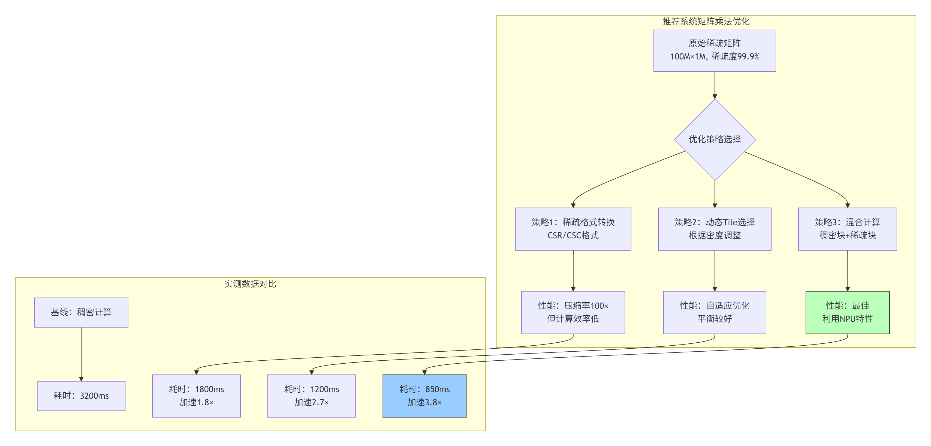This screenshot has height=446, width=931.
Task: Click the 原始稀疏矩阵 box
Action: coord(715,50)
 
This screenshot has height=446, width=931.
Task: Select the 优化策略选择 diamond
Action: coord(715,139)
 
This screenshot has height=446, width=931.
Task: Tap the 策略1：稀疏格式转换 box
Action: coord(573,229)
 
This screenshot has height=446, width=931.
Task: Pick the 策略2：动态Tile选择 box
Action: coord(715,229)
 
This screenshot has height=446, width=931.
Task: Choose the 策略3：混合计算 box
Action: coord(847,229)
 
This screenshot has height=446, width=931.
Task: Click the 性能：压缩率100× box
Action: coord(573,312)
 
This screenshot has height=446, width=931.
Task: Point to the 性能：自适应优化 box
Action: coord(715,312)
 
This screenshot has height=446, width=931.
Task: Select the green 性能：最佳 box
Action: coord(847,312)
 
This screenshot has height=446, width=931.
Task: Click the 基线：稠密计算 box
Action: coord(81,312)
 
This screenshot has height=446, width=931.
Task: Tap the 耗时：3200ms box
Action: coord(81,396)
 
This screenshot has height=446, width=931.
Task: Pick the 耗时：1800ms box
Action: coord(196,396)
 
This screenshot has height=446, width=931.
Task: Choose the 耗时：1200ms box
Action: coord(311,396)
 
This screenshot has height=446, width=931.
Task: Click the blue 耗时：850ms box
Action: coord(424,396)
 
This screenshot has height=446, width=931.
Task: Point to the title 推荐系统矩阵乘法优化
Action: coord(706,21)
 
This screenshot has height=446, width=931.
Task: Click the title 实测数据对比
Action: coord(250,284)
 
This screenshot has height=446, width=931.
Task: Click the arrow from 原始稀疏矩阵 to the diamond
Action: coord(715,85)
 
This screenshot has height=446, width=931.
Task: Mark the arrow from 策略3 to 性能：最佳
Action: coord(847,271)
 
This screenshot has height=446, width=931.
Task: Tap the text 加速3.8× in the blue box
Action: coord(424,402)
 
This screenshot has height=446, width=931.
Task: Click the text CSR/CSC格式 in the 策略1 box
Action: coord(573,235)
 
